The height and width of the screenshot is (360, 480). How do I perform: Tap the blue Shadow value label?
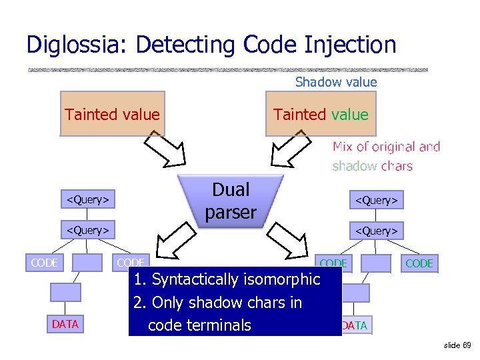[336, 82]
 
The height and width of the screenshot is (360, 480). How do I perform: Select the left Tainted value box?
[112, 114]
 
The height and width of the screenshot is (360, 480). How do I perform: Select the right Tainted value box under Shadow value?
[321, 114]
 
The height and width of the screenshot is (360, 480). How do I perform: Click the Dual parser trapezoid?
[231, 201]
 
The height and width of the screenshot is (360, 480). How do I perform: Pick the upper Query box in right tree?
[377, 199]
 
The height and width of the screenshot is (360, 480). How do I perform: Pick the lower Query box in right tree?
[377, 230]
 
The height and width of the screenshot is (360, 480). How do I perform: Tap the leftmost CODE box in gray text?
[45, 263]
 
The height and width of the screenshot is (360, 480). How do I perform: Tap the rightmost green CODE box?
[419, 263]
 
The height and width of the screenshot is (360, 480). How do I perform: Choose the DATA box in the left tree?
[65, 324]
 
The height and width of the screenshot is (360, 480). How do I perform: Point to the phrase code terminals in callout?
[199, 325]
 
